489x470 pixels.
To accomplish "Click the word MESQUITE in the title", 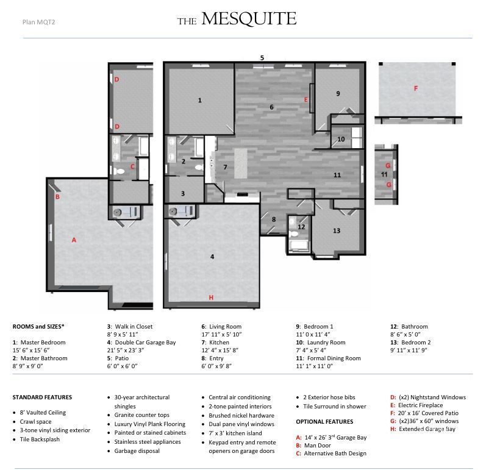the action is tap(249, 19).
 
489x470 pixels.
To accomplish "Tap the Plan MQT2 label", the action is tap(38, 22).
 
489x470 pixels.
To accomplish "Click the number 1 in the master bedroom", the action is tap(199, 100).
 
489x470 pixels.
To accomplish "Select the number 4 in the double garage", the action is tap(212, 257).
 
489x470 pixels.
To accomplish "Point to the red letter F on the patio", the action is tap(415, 88).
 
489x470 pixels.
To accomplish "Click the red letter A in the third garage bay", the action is tap(74, 240).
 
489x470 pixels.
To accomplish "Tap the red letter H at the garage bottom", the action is tap(211, 297).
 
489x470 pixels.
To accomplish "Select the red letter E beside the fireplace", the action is tap(306, 100).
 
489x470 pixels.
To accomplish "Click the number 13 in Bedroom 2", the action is tap(337, 231).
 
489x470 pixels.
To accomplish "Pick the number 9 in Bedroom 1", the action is tap(338, 93).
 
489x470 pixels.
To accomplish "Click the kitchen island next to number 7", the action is tap(241, 163).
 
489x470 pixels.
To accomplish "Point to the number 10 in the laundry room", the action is tap(341, 139).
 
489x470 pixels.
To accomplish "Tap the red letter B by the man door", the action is tap(57, 197).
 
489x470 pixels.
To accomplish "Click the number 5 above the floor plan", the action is tap(262, 58).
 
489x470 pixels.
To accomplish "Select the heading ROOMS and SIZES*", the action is tap(38, 327).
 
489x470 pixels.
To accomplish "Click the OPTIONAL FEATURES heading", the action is tap(324, 422).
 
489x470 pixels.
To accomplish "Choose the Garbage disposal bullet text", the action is tap(137, 450).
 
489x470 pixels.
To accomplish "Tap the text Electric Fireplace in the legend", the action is tap(420, 405).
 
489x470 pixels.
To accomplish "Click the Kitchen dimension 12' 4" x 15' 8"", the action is tap(220, 351).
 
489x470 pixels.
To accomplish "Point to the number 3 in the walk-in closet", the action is tap(183, 194).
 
